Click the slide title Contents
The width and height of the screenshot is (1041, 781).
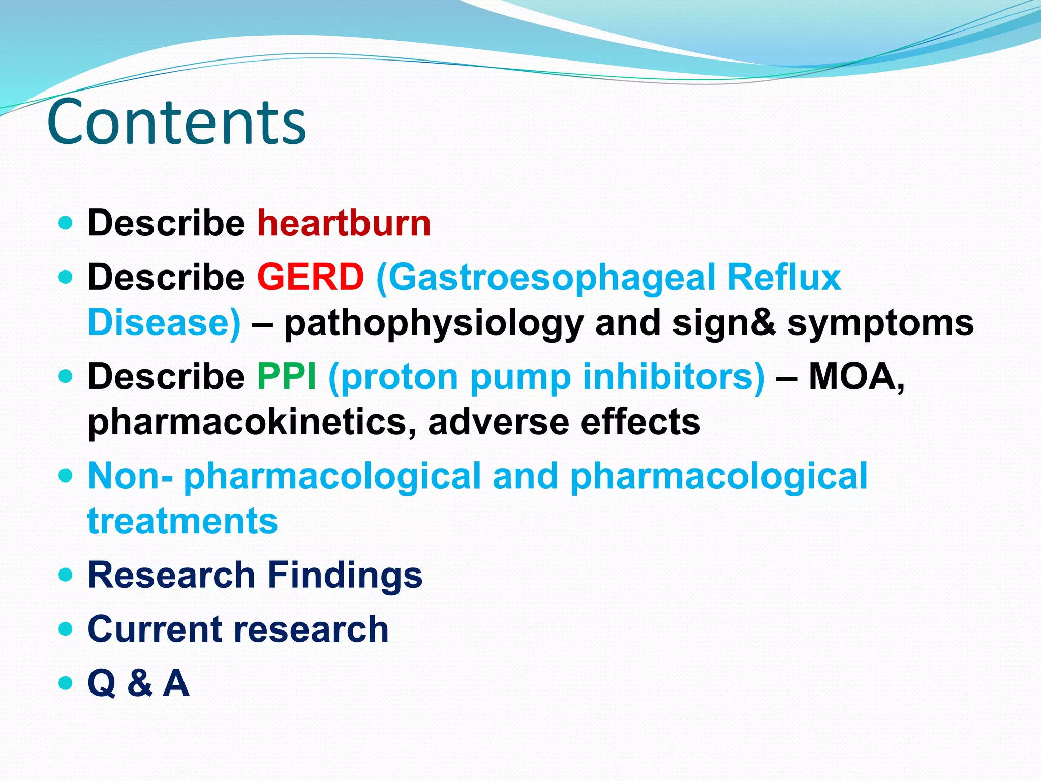(x=176, y=122)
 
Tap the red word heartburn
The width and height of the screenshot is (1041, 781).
(x=344, y=223)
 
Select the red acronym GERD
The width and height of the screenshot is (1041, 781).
(x=311, y=277)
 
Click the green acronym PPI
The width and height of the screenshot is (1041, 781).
(x=287, y=377)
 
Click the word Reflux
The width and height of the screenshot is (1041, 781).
(x=784, y=277)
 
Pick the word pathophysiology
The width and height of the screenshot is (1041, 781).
(x=434, y=324)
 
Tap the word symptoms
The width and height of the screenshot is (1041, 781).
(x=880, y=324)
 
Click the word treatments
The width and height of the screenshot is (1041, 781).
(x=182, y=521)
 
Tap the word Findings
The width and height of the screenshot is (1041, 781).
(x=345, y=575)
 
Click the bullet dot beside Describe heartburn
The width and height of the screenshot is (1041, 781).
(x=66, y=223)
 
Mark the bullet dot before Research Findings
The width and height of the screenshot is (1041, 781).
(x=66, y=575)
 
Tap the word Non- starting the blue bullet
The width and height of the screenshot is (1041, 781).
(x=130, y=476)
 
